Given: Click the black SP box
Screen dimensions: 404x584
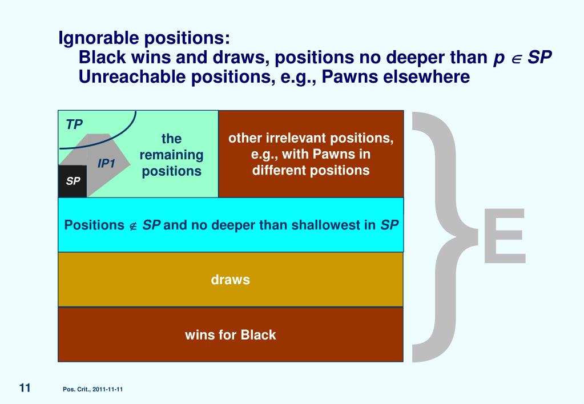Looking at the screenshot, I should pos(73,181).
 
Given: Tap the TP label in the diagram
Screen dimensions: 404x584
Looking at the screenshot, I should pos(74,124).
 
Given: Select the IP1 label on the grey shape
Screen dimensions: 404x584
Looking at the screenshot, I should pos(107,164).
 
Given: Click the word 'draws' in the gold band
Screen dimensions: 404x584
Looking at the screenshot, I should pos(231,280).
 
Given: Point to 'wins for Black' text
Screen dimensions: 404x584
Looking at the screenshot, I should pos(230,335).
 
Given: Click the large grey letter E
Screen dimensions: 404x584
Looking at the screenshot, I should pos(504,237).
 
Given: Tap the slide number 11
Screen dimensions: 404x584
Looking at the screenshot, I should pos(25,388).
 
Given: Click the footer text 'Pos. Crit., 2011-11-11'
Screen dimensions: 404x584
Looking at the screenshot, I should pos(93,389).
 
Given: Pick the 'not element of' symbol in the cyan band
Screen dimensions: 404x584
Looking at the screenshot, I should pos(132,225).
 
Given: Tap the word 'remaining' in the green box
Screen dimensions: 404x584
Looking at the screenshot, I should pos(172,155).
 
